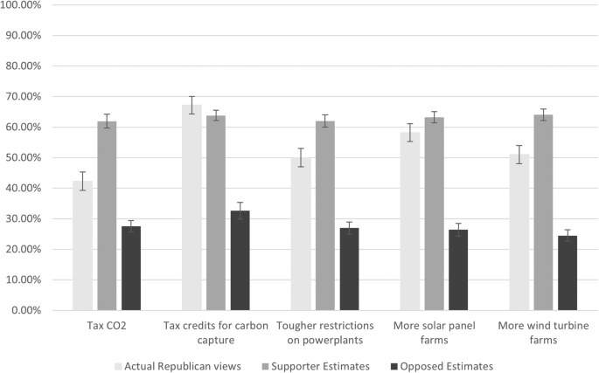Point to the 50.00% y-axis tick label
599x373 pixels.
tap(28, 158)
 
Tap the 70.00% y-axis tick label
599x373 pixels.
tap(28, 97)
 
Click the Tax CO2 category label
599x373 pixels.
tap(107, 326)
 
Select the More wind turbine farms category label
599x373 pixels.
tap(543, 332)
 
